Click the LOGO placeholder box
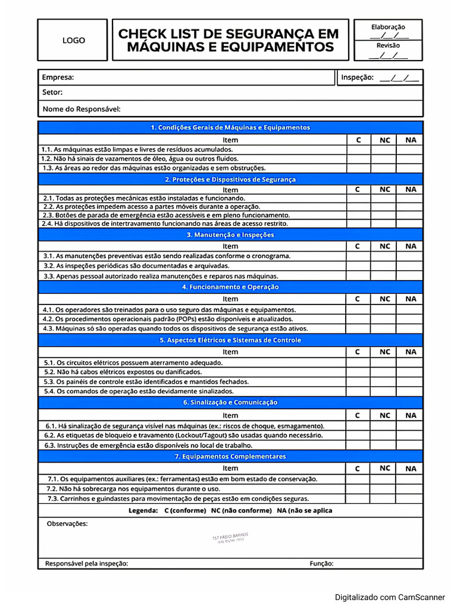pyautogui.click(x=74, y=40)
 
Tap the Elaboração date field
pyautogui.click(x=388, y=36)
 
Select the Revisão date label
pyautogui.click(x=388, y=45)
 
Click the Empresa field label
pyautogui.click(x=58, y=77)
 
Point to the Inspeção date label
pyautogui.click(x=357, y=77)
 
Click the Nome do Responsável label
pyautogui.click(x=82, y=109)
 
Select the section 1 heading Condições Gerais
pyautogui.click(x=230, y=127)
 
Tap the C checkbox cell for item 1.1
pyautogui.click(x=358, y=150)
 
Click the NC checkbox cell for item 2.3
pyautogui.click(x=384, y=215)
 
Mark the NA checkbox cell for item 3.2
pyautogui.click(x=411, y=266)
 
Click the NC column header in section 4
pyautogui.click(x=384, y=299)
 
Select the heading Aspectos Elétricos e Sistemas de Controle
pyautogui.click(x=230, y=340)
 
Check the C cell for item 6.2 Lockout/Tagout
pyautogui.click(x=358, y=435)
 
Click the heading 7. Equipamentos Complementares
pyautogui.click(x=230, y=456)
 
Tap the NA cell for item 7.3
pyautogui.click(x=411, y=498)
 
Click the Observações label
pyautogui.click(x=67, y=523)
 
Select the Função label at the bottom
pyautogui.click(x=321, y=563)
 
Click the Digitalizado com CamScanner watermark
pyautogui.click(x=389, y=597)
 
